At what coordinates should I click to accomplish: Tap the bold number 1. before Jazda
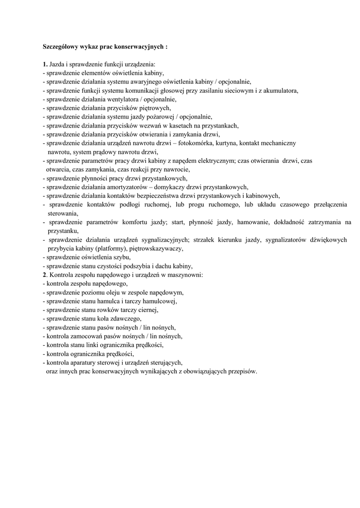45,64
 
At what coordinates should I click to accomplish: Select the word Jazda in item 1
57,64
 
